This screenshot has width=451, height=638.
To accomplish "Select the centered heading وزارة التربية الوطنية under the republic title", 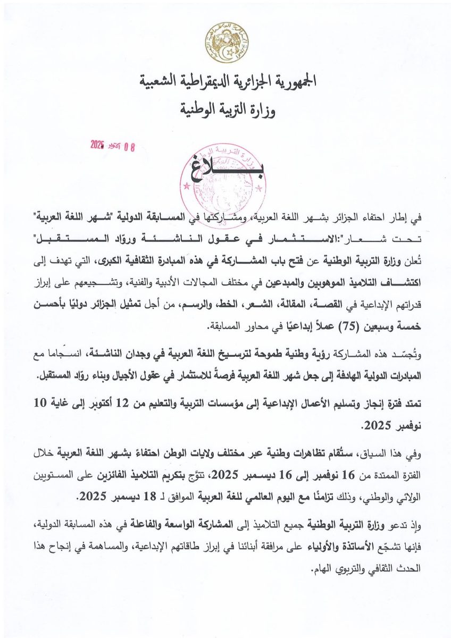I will (x=227, y=110).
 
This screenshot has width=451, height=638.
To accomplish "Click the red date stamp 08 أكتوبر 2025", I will (x=113, y=145).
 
